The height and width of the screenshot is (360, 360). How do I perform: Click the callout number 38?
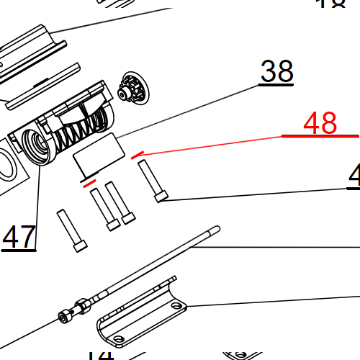coord(276,71)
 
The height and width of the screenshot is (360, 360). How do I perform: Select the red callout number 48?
coord(320,123)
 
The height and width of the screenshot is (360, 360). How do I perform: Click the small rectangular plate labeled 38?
coord(100,153)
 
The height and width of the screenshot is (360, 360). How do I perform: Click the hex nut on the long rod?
coord(84,305)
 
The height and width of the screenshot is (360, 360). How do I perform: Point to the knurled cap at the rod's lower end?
coord(66,315)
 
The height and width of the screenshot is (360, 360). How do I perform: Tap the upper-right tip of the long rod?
coord(215,230)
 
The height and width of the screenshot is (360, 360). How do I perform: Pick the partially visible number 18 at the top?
coord(331,4)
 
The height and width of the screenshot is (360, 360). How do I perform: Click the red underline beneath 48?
coord(320,136)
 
